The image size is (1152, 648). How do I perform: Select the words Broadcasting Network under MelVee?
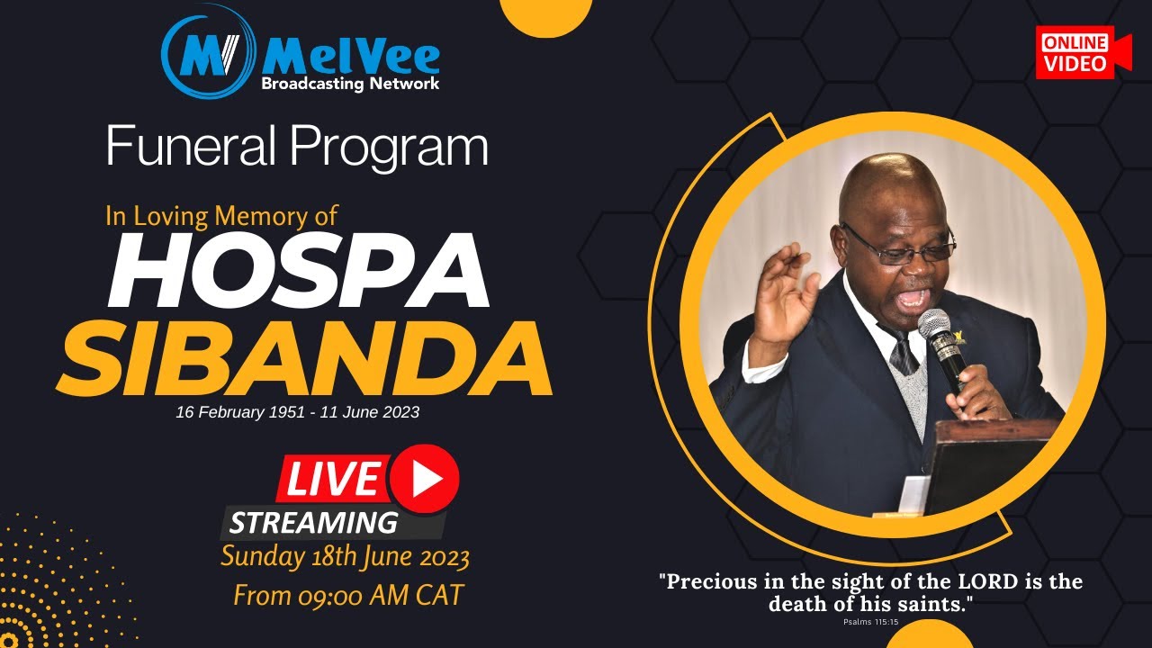coord(350,84)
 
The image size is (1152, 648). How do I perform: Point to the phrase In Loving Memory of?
coord(221,216)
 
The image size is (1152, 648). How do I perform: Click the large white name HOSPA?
coord(298,271)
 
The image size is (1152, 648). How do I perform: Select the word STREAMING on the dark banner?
coord(313,522)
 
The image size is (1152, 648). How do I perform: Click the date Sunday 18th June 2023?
coord(346,557)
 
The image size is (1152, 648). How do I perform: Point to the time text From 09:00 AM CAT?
coord(347,595)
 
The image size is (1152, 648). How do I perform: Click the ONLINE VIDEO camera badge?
coord(1083,52)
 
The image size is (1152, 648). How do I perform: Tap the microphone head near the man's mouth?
coord(933,325)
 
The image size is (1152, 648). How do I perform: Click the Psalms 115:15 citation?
coord(870,621)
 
